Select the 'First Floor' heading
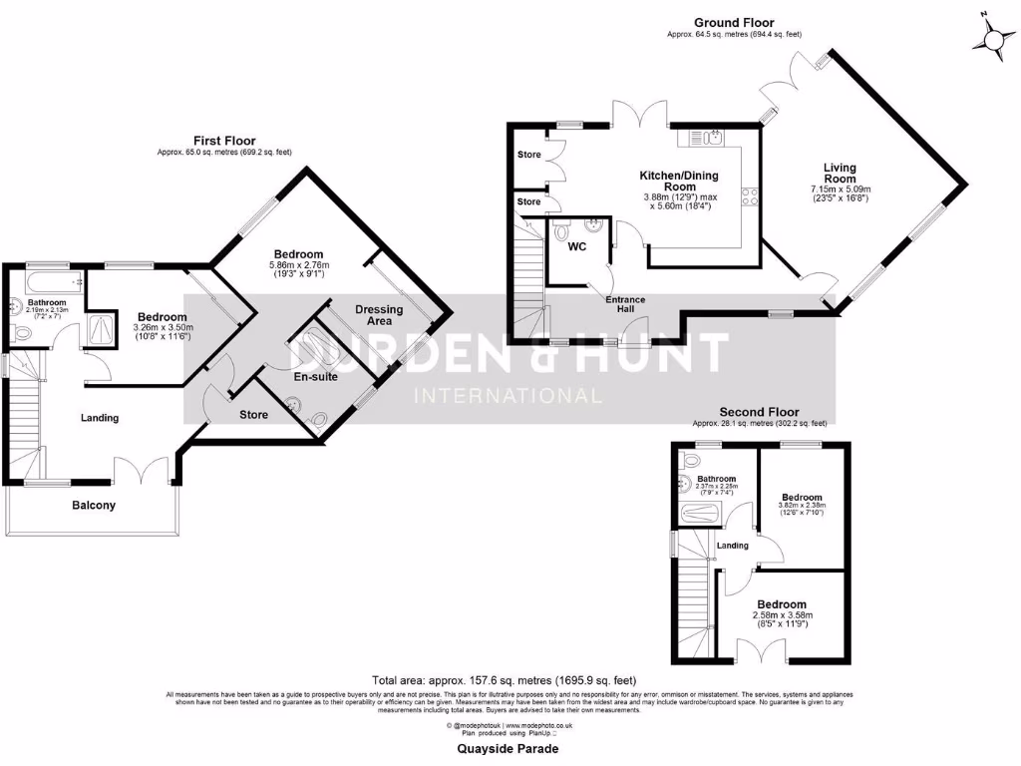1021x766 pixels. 224,141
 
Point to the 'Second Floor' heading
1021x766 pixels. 760,412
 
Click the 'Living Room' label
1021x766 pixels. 840,174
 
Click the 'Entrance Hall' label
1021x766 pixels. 625,304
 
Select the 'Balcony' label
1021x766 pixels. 93,505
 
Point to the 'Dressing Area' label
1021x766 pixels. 379,315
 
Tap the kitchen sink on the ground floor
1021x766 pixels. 715,137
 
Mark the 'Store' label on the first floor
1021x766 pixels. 253,414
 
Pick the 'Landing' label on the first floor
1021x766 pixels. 100,418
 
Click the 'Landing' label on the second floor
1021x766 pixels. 733,545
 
